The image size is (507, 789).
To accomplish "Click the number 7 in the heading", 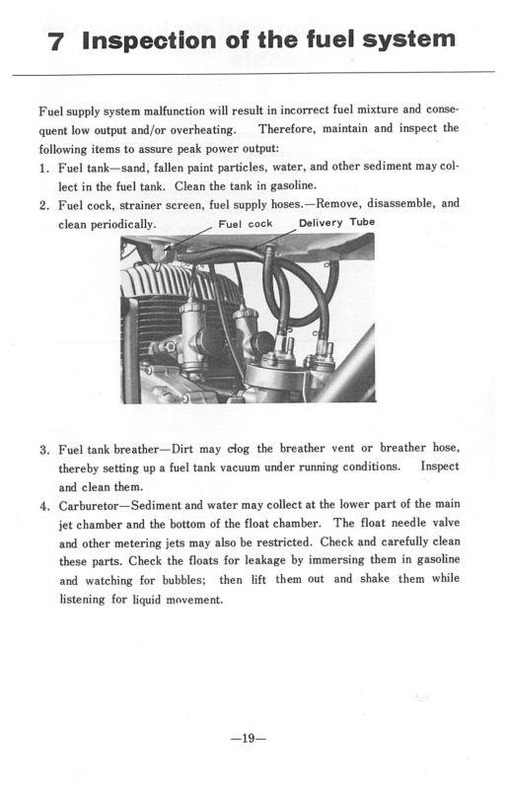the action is pyautogui.click(x=55, y=41).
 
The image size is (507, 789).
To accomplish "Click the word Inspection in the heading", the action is pyautogui.click(x=150, y=40).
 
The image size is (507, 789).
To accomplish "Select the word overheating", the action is pyautogui.click(x=203, y=130).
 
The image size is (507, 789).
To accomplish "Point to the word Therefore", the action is pyautogui.click(x=287, y=129).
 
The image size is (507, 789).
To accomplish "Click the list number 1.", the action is pyautogui.click(x=43, y=168).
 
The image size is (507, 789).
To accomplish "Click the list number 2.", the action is pyautogui.click(x=43, y=206).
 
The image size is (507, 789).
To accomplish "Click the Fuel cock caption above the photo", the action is pyautogui.click(x=246, y=224).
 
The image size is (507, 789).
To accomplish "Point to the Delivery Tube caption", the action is pyautogui.click(x=336, y=223).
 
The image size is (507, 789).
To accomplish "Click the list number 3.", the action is pyautogui.click(x=44, y=450).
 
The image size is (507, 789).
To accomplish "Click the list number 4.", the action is pyautogui.click(x=44, y=506).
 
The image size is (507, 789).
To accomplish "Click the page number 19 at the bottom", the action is pyautogui.click(x=248, y=738).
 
